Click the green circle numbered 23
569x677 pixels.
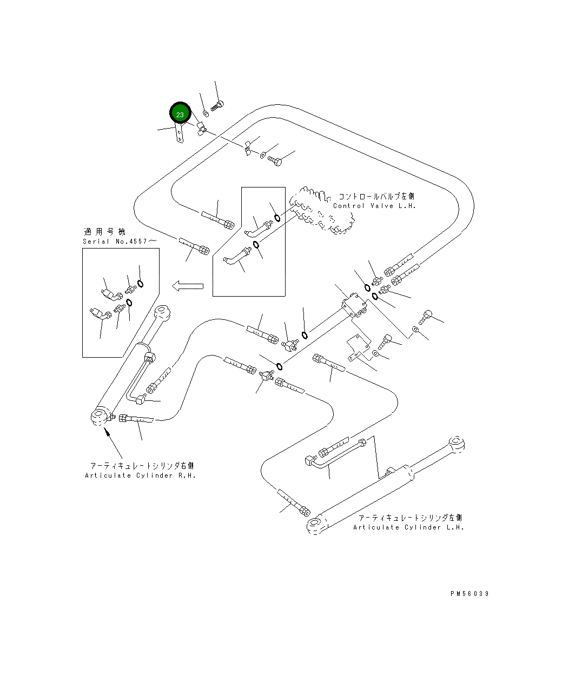(180, 113)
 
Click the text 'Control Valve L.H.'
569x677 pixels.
(374, 206)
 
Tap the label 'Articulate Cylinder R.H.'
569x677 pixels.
(140, 475)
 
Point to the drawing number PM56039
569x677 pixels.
(469, 594)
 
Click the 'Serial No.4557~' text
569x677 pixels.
(120, 241)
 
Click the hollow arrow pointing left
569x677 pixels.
(188, 286)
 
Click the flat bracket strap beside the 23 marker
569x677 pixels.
(180, 133)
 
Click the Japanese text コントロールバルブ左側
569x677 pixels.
(376, 196)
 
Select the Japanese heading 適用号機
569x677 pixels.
(104, 231)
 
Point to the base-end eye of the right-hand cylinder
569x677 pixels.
(100, 417)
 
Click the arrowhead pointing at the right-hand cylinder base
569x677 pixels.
(106, 431)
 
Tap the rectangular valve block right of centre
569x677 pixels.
(354, 305)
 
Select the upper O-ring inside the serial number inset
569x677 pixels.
(140, 284)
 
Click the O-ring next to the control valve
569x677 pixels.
(277, 218)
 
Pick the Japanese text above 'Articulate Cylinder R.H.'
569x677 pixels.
(142, 466)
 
